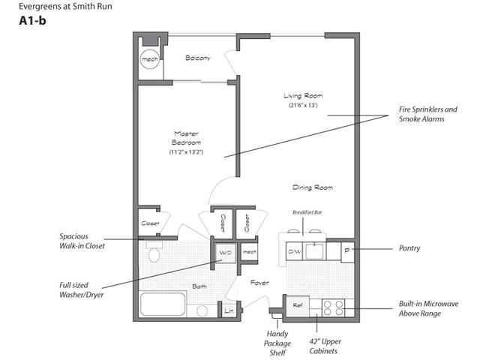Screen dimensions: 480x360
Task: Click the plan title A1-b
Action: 32,21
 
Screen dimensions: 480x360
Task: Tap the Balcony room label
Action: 198,58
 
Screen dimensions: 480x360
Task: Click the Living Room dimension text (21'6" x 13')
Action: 303,105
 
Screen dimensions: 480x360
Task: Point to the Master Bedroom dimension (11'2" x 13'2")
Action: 186,151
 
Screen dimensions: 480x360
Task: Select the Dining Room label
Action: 313,187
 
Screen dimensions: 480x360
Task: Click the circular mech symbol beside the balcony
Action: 150,59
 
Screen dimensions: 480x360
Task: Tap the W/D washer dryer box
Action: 226,253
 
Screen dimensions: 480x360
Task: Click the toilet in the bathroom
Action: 154,252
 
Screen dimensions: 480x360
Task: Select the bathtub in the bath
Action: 163,304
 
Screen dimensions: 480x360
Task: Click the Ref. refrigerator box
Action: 298,305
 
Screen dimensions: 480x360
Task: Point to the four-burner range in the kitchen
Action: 333,307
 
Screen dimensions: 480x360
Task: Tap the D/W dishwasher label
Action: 295,252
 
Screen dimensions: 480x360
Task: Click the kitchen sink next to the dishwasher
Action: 314,252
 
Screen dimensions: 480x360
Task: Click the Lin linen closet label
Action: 229,311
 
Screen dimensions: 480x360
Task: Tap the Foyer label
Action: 259,283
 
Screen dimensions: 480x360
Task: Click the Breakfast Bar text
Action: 307,212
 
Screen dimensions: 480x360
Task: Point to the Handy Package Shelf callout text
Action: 277,343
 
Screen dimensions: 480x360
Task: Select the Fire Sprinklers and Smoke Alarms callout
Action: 428,114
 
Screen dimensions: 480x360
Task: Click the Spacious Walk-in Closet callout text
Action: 82,241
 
